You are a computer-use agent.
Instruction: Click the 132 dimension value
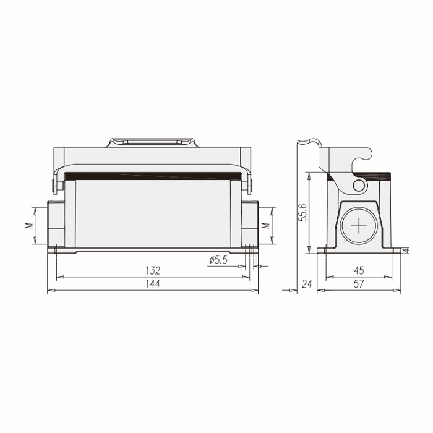coord(153,270)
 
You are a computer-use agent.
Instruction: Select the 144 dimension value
coord(153,284)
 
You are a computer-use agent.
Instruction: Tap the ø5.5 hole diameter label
coord(218,260)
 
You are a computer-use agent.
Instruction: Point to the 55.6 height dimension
coord(304,212)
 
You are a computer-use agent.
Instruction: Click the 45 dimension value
coord(359,270)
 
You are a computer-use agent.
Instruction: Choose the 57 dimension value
coord(359,284)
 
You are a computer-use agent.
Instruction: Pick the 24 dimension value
coord(307,284)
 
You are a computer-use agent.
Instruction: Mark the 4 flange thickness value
coord(406,251)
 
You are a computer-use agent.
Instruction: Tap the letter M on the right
coord(265,226)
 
